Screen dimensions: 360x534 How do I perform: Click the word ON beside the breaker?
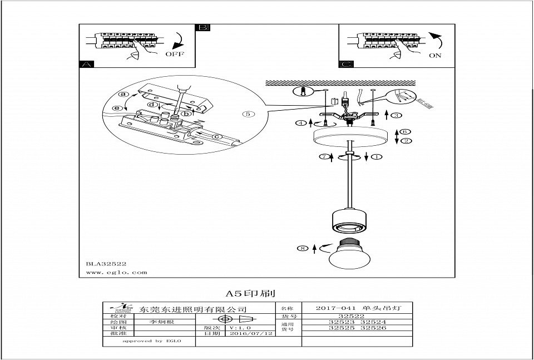[x=436, y=56]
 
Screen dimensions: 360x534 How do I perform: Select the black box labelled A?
[x=85, y=64]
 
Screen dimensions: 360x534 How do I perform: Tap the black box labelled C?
[x=346, y=64]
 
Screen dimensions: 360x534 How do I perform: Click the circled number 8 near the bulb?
[x=303, y=249]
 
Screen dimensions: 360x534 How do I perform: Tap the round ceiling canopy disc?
[x=349, y=137]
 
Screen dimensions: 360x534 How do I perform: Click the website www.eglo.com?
[x=117, y=273]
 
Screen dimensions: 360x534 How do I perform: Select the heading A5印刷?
[x=250, y=293]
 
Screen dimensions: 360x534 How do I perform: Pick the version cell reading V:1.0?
[x=240, y=327]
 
